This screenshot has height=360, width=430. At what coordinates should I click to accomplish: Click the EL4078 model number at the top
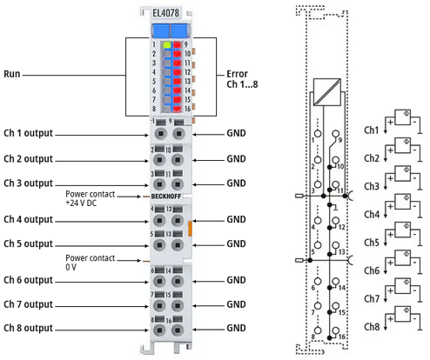coord(165,13)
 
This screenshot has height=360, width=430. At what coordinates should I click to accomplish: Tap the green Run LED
coord(167,44)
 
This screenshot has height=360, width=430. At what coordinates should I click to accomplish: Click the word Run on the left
coord(12,74)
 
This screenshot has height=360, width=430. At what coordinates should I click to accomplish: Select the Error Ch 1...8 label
coord(242,79)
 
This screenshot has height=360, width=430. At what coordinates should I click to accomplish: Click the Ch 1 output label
coord(28,133)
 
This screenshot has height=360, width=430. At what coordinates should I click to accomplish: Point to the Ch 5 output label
coord(28,243)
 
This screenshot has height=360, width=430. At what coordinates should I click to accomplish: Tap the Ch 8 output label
coord(28,328)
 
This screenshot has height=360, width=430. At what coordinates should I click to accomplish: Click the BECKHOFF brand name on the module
coord(166,197)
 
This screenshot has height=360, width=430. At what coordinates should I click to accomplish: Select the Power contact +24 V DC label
coord(90,198)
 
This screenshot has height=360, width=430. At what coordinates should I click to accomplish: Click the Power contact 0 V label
coord(90,263)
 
